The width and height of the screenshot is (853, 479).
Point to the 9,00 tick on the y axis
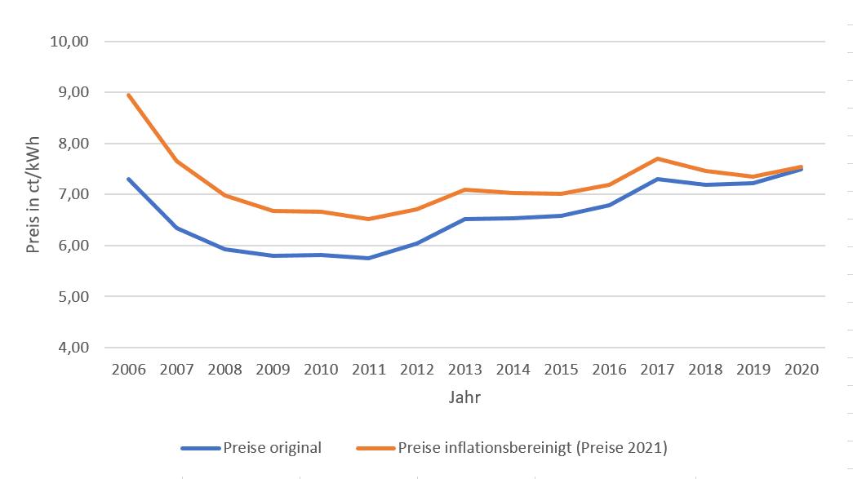(70, 92)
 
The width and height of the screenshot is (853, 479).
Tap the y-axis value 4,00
(70, 348)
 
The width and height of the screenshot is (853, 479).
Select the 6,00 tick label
(70, 246)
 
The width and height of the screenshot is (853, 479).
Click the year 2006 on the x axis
(129, 370)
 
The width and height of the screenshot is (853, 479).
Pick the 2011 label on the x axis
(369, 370)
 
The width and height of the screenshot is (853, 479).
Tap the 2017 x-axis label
(657, 370)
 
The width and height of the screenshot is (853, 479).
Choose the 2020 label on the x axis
(802, 370)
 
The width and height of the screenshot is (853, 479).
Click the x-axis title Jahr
(464, 398)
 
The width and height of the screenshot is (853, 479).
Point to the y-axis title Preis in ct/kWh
(33, 194)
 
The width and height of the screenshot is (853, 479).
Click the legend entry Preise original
(272, 447)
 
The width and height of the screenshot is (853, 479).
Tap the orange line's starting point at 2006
(129, 95)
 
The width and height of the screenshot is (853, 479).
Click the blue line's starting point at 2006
(129, 179)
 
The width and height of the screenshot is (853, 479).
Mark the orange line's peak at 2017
(657, 158)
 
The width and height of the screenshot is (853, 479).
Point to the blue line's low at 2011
(369, 258)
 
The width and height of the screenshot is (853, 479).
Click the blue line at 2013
(465, 219)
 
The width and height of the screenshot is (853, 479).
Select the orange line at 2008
(225, 195)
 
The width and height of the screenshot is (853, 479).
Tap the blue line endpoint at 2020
(802, 169)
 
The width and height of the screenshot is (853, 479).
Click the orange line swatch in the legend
(375, 447)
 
